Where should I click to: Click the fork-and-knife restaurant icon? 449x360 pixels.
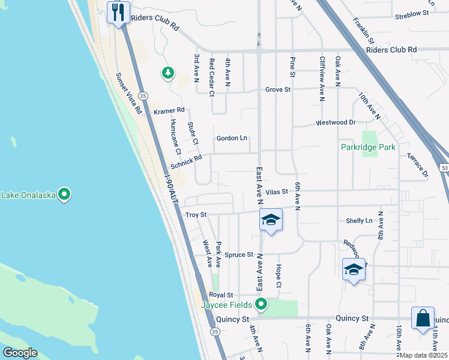[118, 12]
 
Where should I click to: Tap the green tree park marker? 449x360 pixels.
[168, 73]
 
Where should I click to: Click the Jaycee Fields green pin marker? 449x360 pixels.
[261, 304]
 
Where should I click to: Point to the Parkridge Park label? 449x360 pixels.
[368, 147]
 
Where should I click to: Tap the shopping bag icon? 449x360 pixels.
[423, 318]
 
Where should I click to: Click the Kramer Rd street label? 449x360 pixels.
[169, 111]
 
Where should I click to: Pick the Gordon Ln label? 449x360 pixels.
[232, 138]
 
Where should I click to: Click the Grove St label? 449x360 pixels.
[278, 89]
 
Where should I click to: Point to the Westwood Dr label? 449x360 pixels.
[336, 122]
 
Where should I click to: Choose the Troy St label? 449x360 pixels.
[196, 214]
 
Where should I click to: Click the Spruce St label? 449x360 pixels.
[239, 255]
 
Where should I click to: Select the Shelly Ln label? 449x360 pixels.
[359, 221]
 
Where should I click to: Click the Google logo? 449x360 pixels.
[20, 353]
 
